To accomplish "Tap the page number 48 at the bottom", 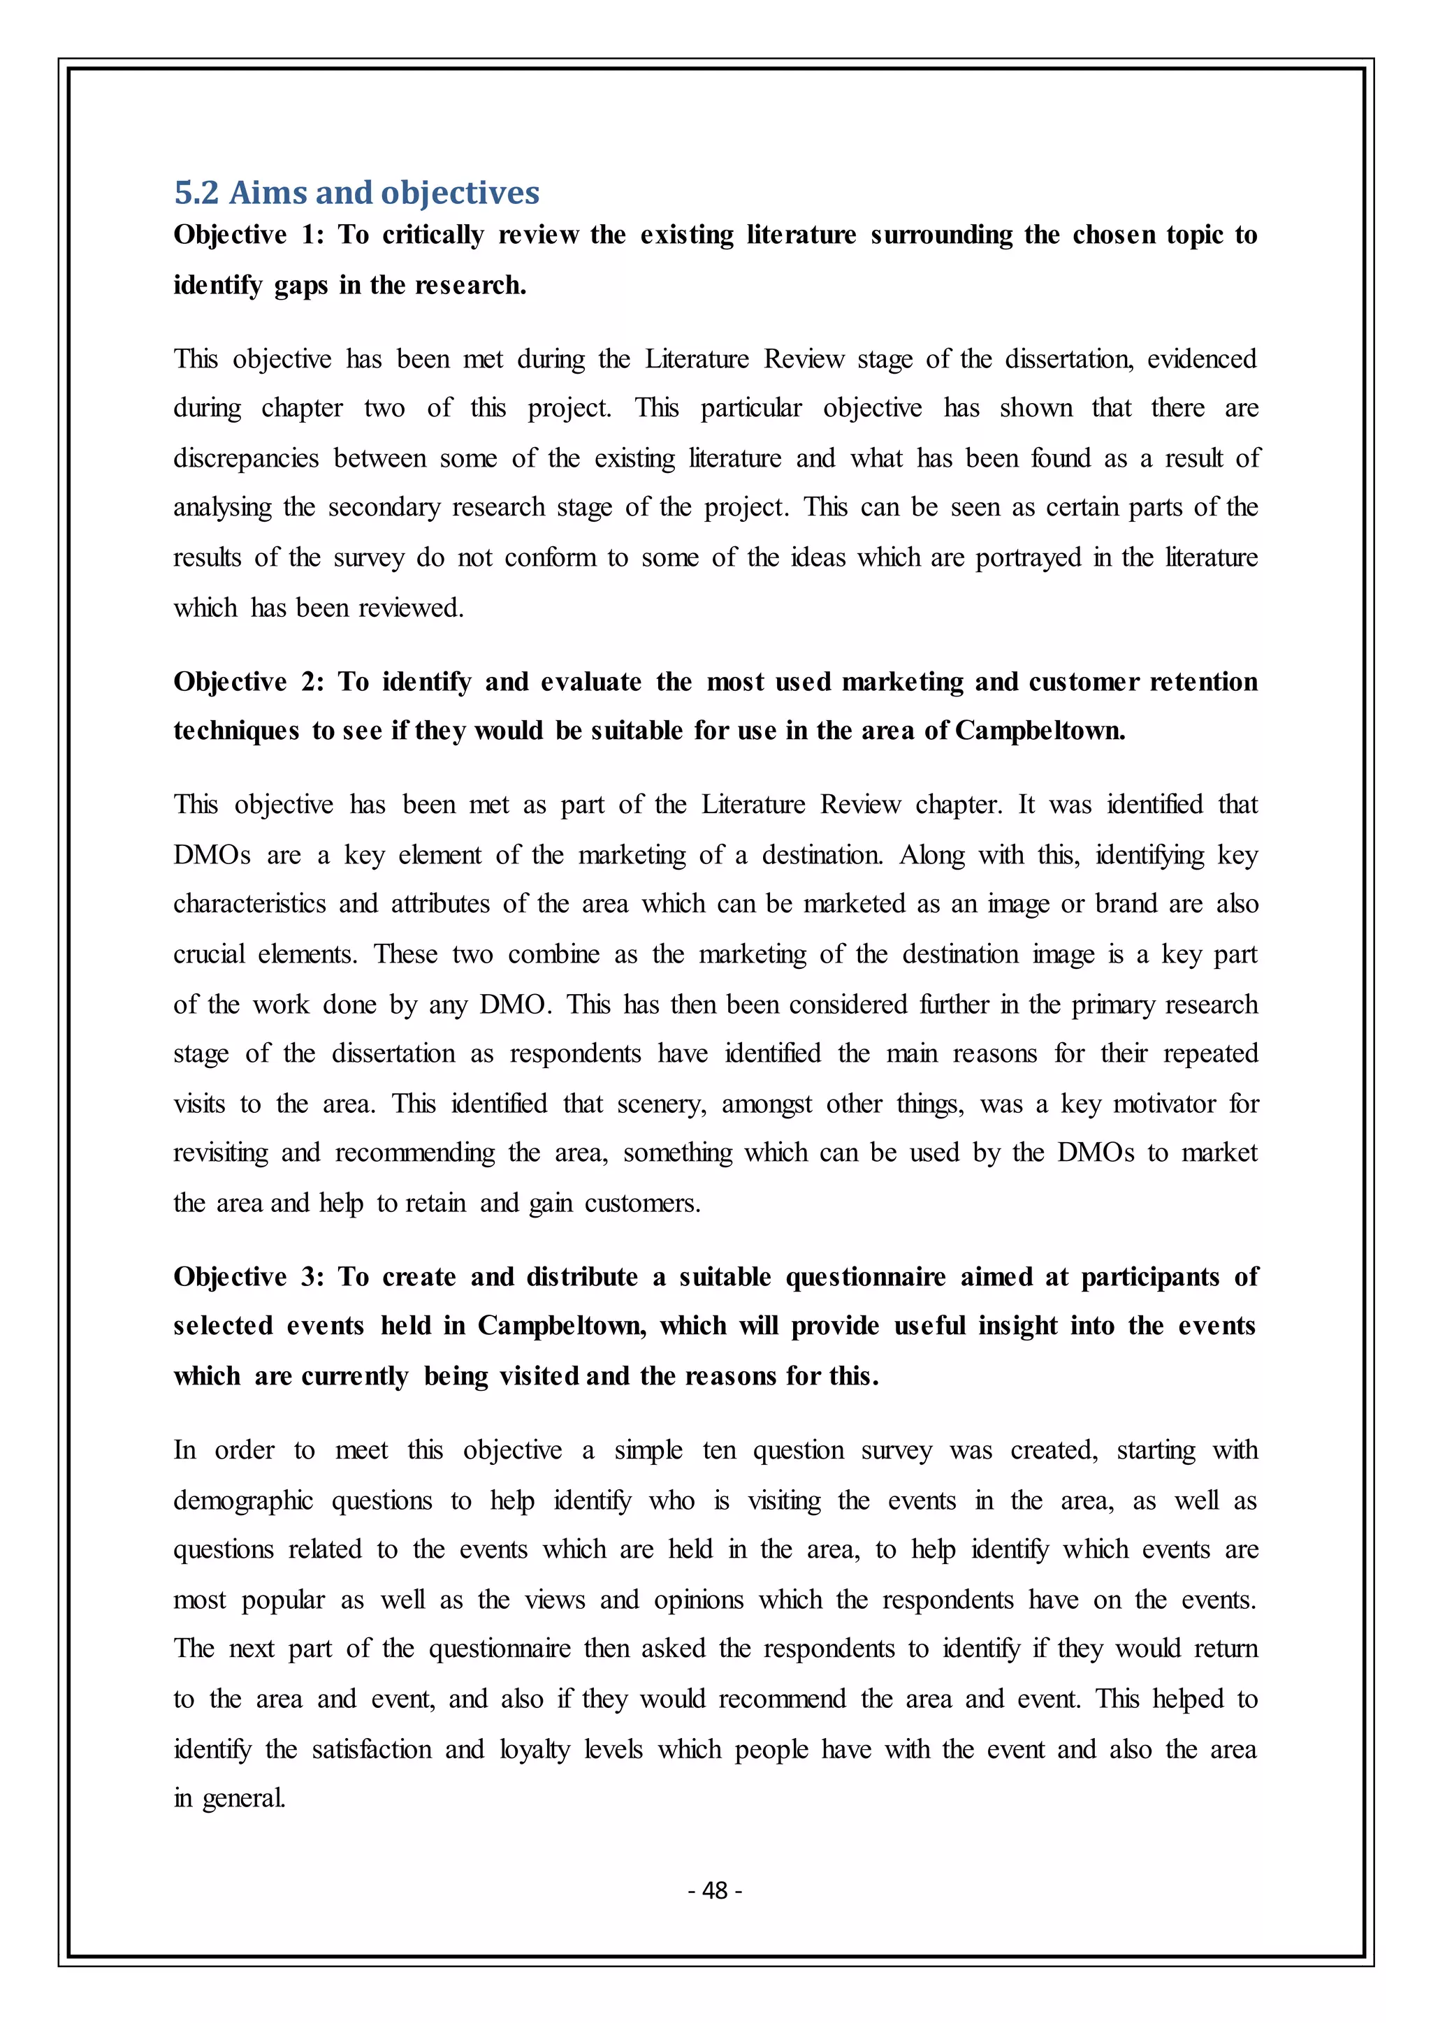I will [x=715, y=1890].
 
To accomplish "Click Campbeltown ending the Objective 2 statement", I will [x=1040, y=731].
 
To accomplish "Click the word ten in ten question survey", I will [x=719, y=1451].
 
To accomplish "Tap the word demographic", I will [x=243, y=1501].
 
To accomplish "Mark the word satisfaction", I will [x=371, y=1749].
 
